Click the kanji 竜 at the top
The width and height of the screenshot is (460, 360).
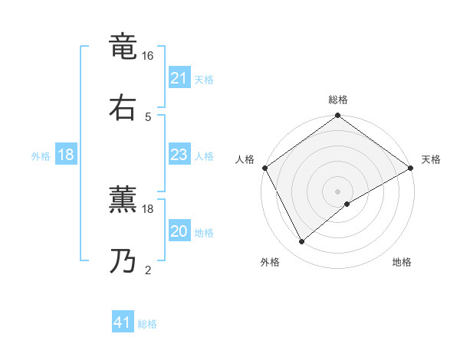click(x=124, y=48)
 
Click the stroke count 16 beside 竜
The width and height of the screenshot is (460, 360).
click(x=148, y=57)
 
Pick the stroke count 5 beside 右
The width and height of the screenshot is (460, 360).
click(x=147, y=116)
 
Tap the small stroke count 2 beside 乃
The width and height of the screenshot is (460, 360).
click(x=147, y=270)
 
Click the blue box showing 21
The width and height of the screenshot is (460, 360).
click(x=179, y=78)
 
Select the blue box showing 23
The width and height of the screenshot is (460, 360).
click(x=179, y=155)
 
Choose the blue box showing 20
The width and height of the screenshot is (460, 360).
click(x=179, y=231)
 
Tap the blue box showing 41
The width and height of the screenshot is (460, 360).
click(x=123, y=322)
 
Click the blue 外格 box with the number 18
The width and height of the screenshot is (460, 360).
click(x=66, y=155)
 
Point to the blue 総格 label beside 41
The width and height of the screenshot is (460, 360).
click(x=147, y=324)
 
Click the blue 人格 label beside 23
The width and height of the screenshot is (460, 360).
click(x=204, y=155)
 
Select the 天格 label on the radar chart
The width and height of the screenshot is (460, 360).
click(x=431, y=159)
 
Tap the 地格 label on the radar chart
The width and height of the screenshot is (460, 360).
click(x=402, y=262)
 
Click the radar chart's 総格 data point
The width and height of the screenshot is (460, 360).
click(x=337, y=116)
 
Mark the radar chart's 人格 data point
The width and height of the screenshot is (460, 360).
click(x=265, y=168)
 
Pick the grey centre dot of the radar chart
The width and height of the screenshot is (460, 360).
click(x=337, y=191)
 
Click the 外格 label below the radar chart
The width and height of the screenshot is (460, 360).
click(x=270, y=262)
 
